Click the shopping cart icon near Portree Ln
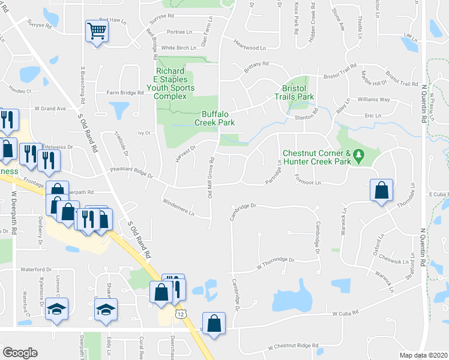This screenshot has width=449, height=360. click(x=97, y=30)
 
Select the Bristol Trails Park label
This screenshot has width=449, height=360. click(x=294, y=92)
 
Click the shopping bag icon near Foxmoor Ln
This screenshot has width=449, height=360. click(x=381, y=191)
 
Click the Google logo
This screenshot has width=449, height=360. click(x=20, y=352)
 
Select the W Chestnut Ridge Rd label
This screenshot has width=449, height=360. click(x=293, y=346)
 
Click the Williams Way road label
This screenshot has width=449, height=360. click(x=373, y=99)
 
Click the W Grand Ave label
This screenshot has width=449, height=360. click(x=50, y=109)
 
